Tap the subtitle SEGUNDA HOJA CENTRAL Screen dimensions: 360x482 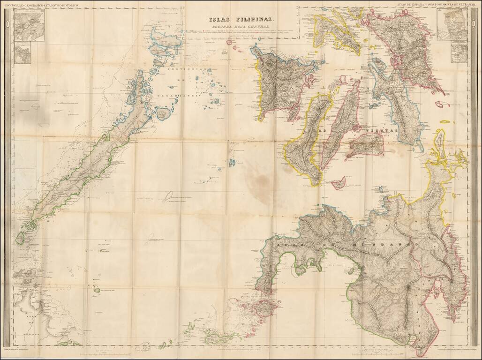point(241,27)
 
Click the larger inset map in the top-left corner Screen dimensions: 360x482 point(29,26)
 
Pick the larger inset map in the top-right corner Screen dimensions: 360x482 point(452,24)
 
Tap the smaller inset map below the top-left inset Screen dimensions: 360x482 point(22,54)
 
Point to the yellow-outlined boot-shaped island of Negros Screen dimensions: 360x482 point(308,141)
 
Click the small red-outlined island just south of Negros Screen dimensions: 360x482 point(338,183)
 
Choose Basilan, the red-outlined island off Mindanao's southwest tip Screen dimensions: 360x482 point(262,308)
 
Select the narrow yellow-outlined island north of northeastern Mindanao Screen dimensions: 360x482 point(440,141)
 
